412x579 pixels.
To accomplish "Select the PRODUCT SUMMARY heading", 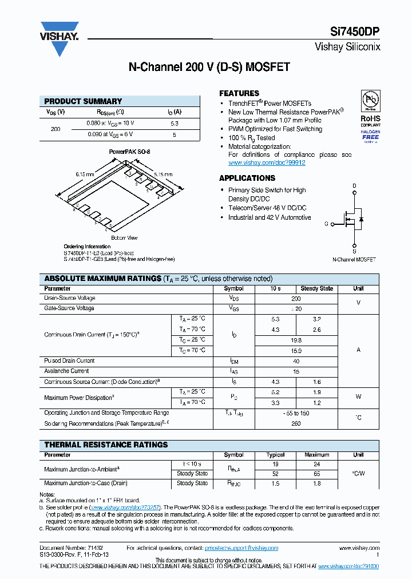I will click(83, 101).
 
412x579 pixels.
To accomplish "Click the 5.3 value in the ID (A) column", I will click(175, 123).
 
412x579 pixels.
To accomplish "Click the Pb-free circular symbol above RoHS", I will click(370, 100).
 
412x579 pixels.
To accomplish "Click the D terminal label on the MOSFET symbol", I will click(354, 186).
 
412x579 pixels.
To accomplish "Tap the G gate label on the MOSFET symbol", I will click(326, 224).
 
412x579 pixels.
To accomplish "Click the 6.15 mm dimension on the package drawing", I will click(84, 174).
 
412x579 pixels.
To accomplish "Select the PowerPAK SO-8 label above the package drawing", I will click(129, 152).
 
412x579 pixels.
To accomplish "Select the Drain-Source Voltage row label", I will click(70, 298).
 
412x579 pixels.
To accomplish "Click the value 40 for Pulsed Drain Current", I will click(296, 361).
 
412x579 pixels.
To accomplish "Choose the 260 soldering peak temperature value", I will click(296, 423).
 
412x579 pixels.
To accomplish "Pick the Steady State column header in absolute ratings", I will click(317, 289).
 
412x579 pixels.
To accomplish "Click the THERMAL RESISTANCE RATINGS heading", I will click(106, 445).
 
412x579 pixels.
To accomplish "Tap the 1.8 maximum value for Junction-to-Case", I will click(317, 483).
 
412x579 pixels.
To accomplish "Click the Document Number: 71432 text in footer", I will click(71, 548).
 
